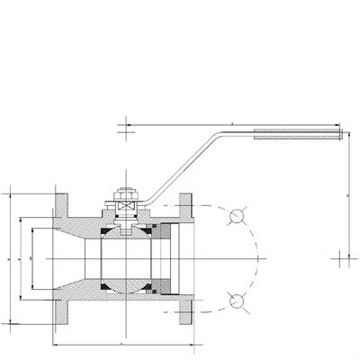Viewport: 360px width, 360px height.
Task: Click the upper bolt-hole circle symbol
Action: (x=237, y=216)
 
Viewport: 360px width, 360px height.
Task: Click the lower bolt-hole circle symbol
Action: (x=237, y=301)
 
